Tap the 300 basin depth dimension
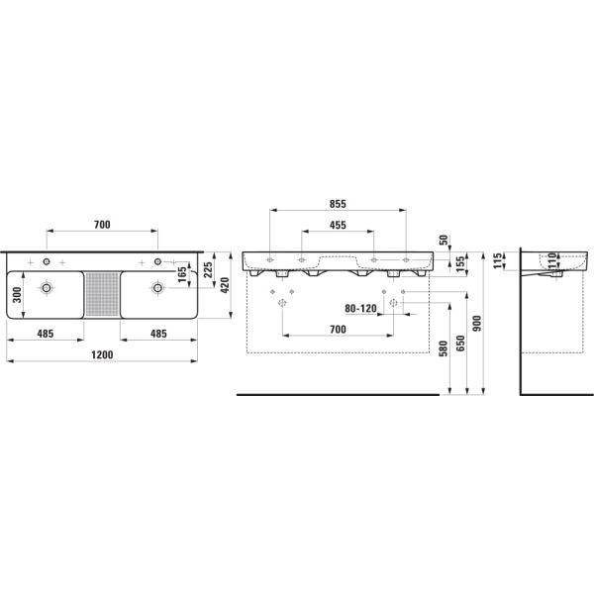[14, 294]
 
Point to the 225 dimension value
[207, 273]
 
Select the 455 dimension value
[338, 226]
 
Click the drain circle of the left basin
[46, 288]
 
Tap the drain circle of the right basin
[156, 288]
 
